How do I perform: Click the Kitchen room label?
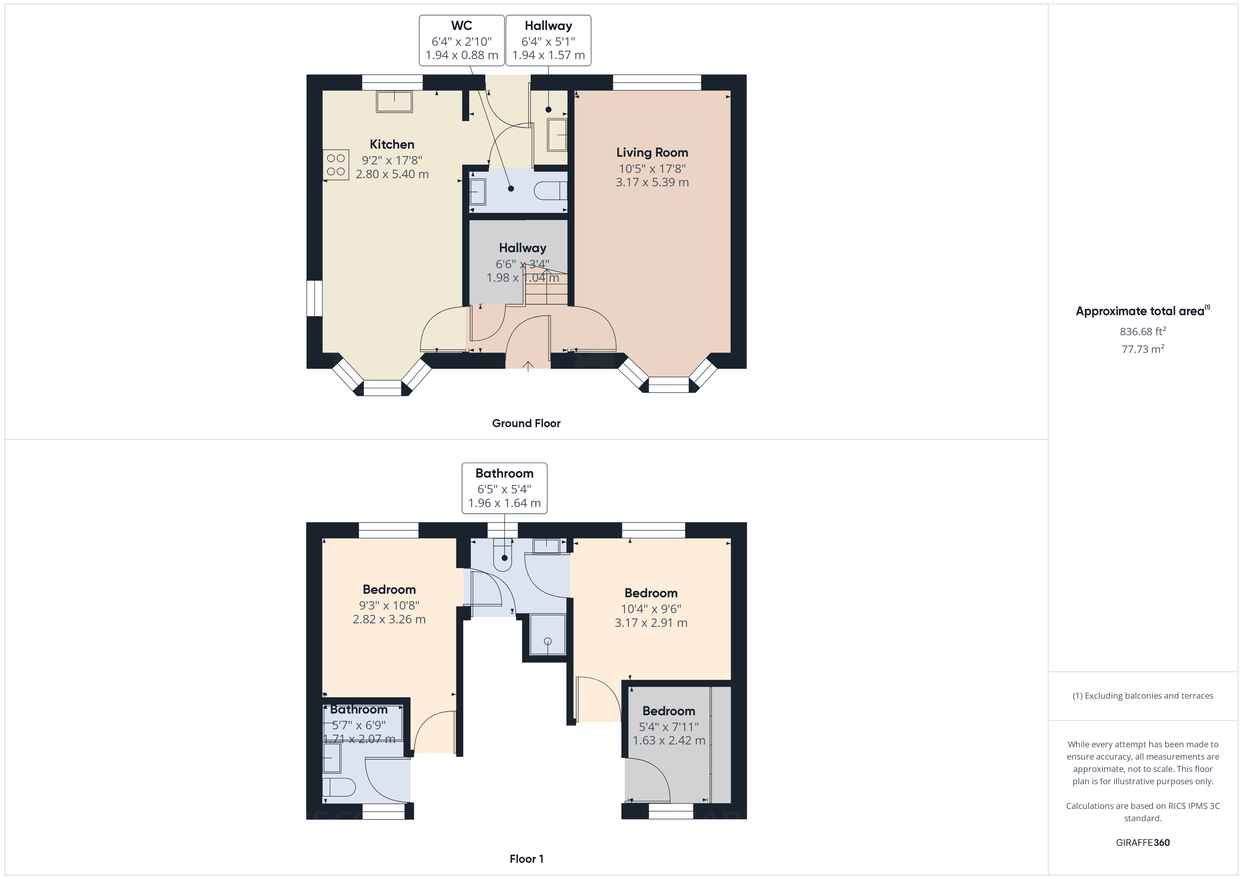click(x=392, y=144)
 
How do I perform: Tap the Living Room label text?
click(x=652, y=152)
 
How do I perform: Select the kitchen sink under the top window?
click(x=394, y=102)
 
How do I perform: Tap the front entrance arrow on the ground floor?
click(x=528, y=367)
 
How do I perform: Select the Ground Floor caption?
click(x=526, y=423)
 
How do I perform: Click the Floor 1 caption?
click(x=526, y=859)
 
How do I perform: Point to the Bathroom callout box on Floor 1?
click(x=504, y=488)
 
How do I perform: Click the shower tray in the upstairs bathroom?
click(x=547, y=634)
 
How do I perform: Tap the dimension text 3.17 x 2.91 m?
click(x=651, y=623)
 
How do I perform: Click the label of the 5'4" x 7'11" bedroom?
click(x=669, y=711)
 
